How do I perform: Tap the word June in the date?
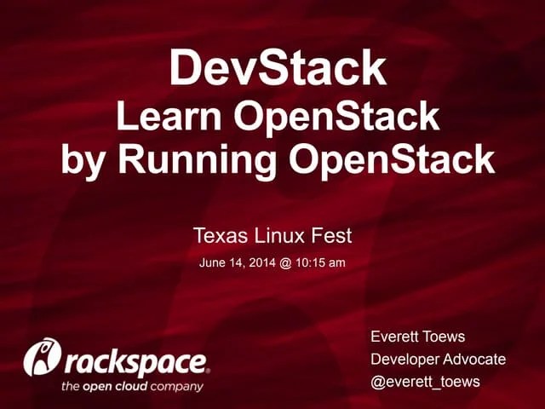[x=213, y=262]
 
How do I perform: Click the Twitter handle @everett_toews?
[x=425, y=381]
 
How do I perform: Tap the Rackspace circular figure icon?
[x=41, y=358]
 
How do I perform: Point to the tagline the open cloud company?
[x=132, y=386]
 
